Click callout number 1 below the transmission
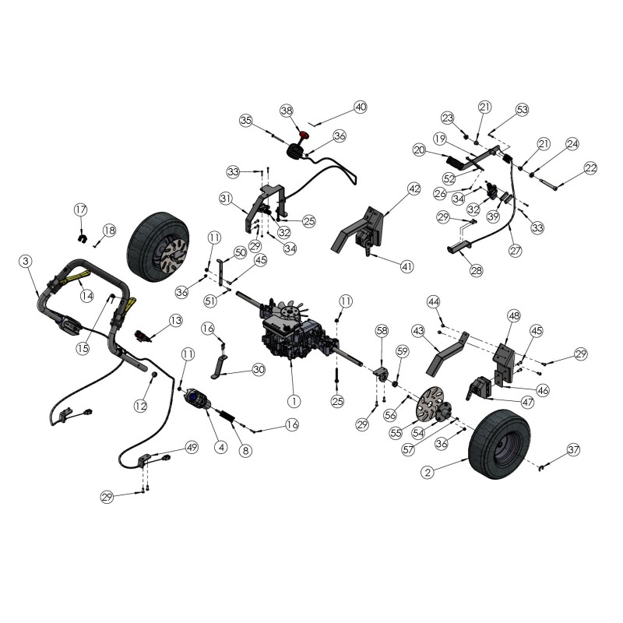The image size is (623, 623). click(x=293, y=401)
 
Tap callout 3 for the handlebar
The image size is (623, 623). click(x=26, y=262)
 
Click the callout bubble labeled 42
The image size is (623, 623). click(x=414, y=189)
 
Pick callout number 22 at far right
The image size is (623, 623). click(x=590, y=168)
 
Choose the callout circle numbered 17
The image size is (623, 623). click(x=81, y=209)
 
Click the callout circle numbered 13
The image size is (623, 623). click(x=175, y=320)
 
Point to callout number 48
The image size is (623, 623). click(x=513, y=316)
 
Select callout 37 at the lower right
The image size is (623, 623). click(x=574, y=450)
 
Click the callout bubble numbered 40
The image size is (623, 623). click(x=360, y=107)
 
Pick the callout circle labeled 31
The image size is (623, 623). click(x=227, y=199)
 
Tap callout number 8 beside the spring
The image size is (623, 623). click(x=246, y=450)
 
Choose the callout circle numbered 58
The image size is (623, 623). click(x=381, y=332)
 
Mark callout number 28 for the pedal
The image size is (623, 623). click(x=476, y=270)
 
